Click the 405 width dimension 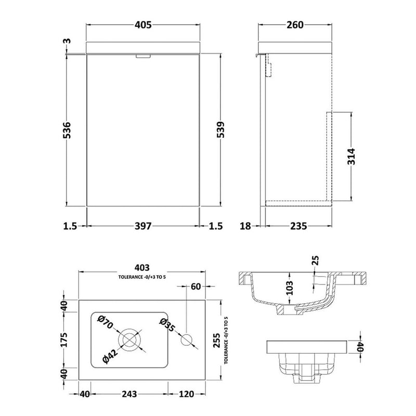coord(143,24)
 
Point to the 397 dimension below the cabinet coord(143,226)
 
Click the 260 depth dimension coord(294,24)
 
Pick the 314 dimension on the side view coord(352,157)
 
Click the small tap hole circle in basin coord(187,341)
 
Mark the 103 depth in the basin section coord(290,287)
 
